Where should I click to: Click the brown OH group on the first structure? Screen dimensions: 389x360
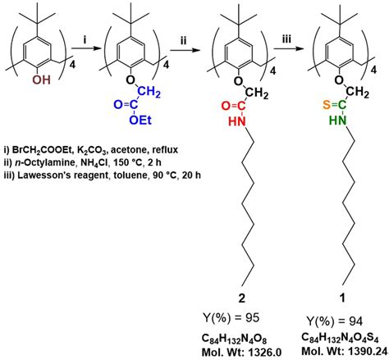coord(42,80)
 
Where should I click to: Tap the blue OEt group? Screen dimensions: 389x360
coord(140,120)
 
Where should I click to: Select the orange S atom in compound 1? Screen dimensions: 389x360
coord(327,105)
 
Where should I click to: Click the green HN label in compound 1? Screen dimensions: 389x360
coord(338,120)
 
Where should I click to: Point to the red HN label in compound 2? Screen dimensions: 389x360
coord(237,121)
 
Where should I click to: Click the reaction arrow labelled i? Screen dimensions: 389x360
coord(85,48)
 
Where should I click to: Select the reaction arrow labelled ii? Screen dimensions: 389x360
coord(184,50)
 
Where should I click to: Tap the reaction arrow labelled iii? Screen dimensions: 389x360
coord(289,49)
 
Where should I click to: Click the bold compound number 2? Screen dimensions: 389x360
coord(242,298)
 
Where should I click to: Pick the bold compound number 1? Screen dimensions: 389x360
coord(342,298)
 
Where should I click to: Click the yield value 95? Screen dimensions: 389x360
coord(252,317)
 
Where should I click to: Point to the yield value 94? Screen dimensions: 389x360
coord(355,321)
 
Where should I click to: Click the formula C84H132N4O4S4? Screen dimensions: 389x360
coord(340,338)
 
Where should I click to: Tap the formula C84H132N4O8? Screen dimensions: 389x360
coord(235,339)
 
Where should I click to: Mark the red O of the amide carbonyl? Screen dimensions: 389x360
coord(226,106)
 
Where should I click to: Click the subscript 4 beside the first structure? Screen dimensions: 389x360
coord(72,65)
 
